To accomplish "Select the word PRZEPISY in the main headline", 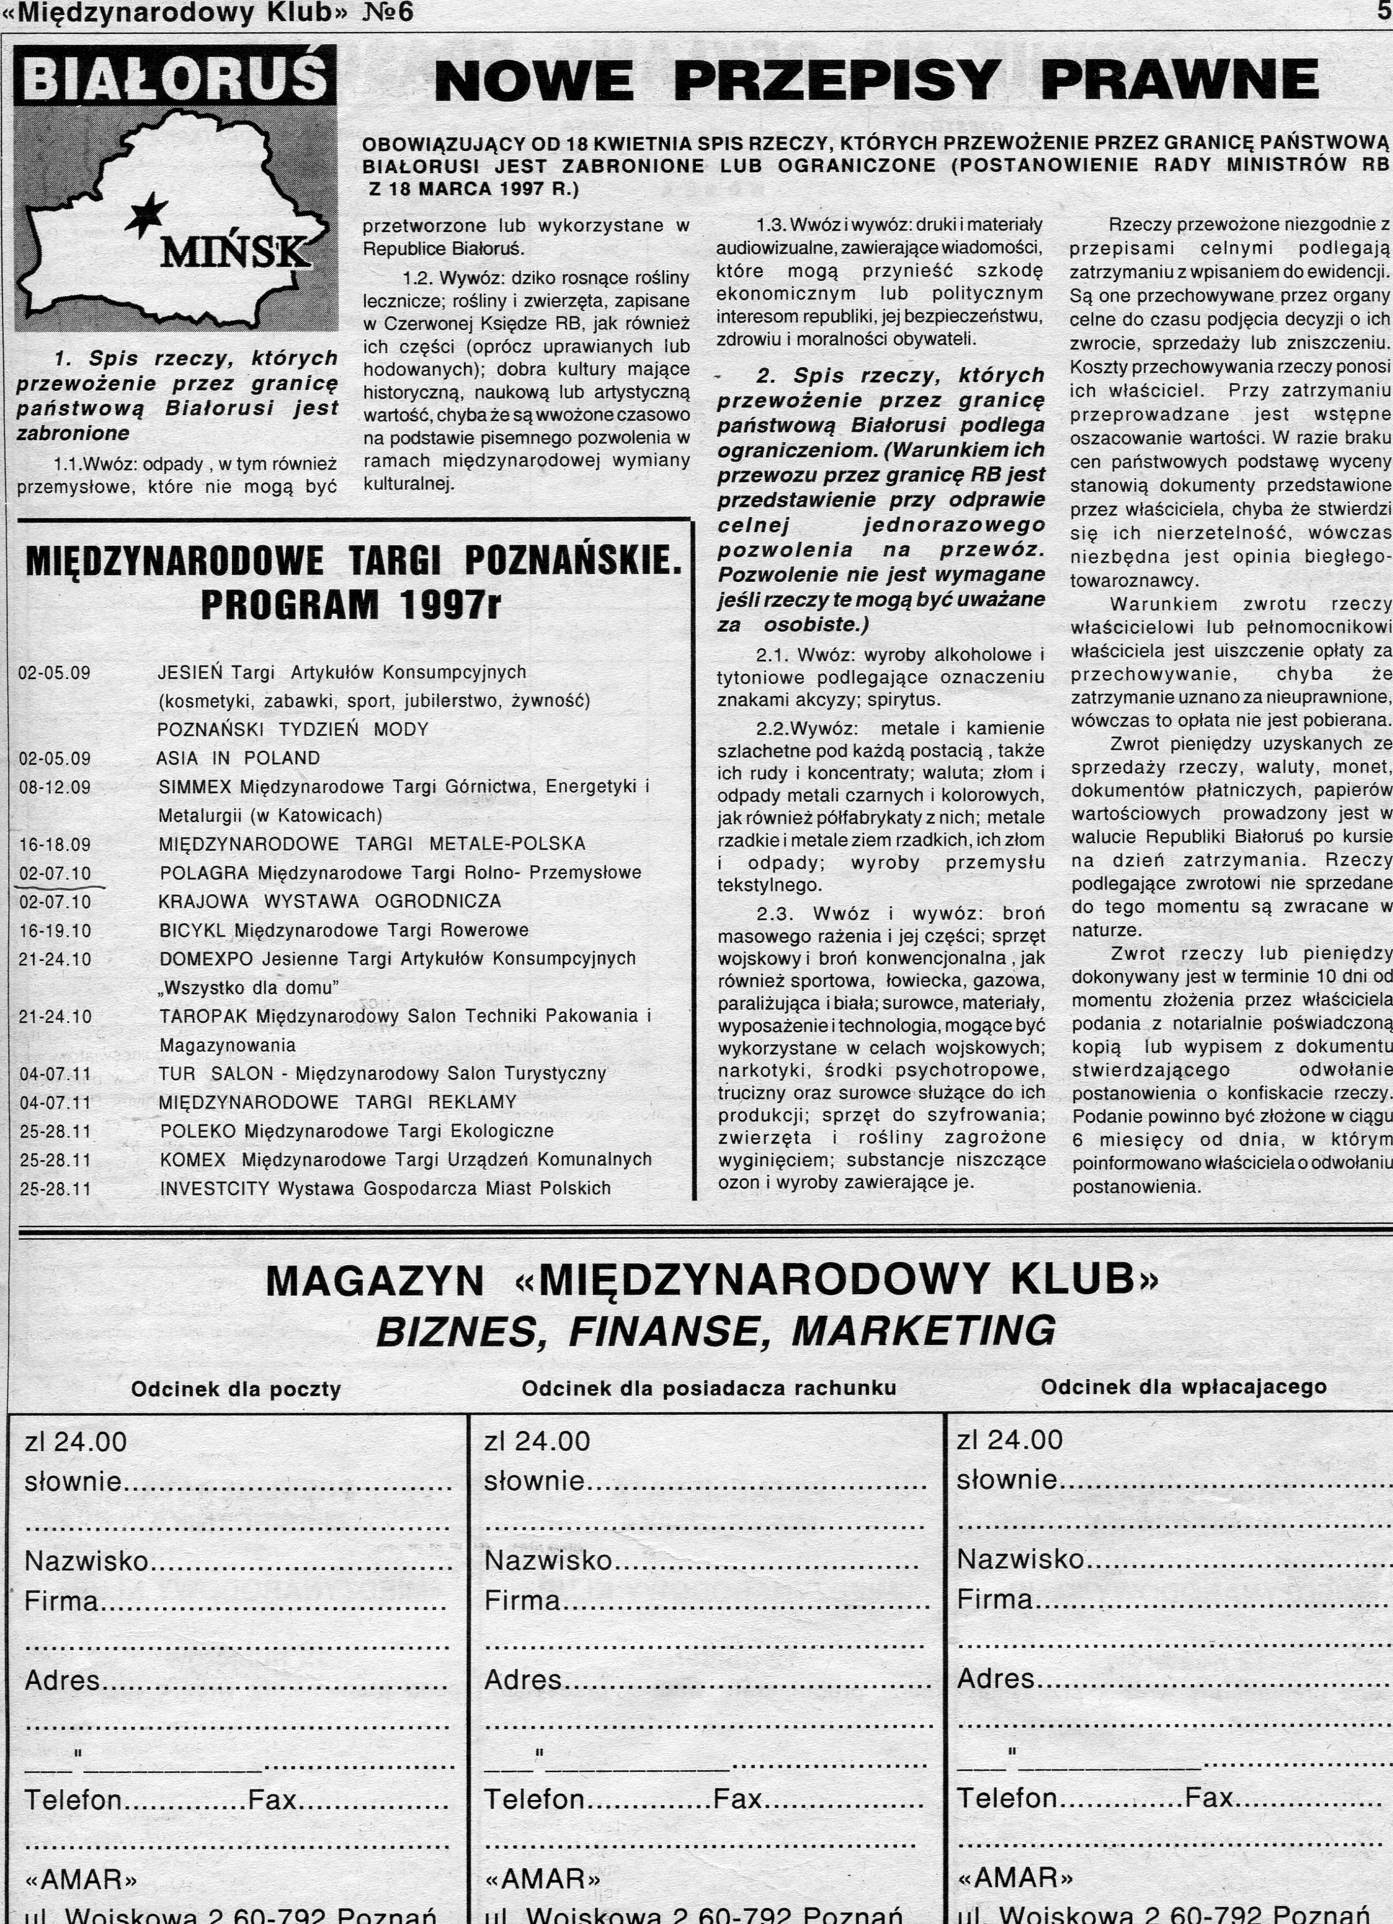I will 837,81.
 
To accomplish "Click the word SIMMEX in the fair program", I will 194,787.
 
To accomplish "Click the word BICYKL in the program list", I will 193,930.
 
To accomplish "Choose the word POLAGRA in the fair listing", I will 204,873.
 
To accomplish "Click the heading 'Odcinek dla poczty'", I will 236,1389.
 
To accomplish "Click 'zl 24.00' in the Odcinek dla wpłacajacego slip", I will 1009,1440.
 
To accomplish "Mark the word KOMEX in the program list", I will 193,1160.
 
